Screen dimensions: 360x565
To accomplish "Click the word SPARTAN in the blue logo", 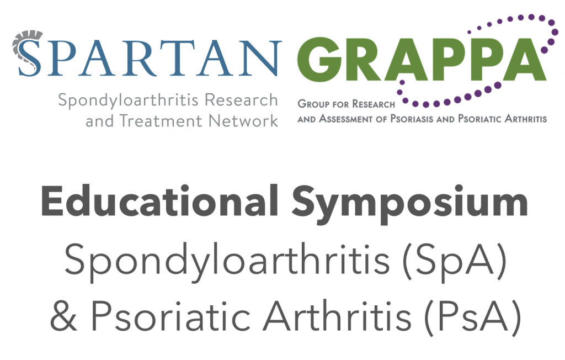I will click(x=146, y=57).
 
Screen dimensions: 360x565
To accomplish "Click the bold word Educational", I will click(x=158, y=203).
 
